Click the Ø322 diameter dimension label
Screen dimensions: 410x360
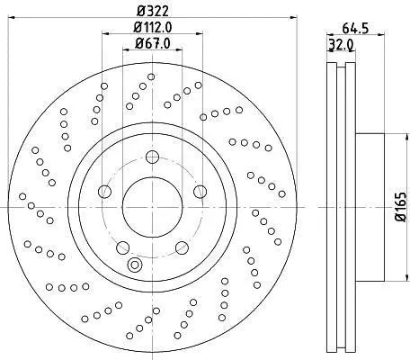(153, 11)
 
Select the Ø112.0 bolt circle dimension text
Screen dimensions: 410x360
(153, 28)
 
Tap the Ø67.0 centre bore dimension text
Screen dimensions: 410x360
(153, 43)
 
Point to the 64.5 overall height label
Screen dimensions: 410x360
(355, 29)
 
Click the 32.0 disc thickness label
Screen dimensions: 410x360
(342, 45)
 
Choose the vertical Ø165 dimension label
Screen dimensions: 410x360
(400, 207)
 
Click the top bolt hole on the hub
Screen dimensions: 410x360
(152, 157)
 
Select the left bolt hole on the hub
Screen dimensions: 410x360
(105, 192)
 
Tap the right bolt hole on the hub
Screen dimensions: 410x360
(200, 192)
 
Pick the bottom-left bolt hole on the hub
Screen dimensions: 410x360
(122, 247)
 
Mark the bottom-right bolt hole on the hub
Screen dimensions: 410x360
(182, 247)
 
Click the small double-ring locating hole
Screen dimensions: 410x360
(135, 265)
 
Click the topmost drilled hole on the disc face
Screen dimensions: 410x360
(151, 77)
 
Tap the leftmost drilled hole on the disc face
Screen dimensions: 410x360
(22, 196)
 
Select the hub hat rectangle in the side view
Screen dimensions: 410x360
(370, 207)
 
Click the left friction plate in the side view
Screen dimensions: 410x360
(332, 207)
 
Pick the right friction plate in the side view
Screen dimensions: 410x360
(351, 207)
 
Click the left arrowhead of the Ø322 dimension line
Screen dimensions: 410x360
(12, 17)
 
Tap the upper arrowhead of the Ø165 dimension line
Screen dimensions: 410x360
(407, 137)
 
